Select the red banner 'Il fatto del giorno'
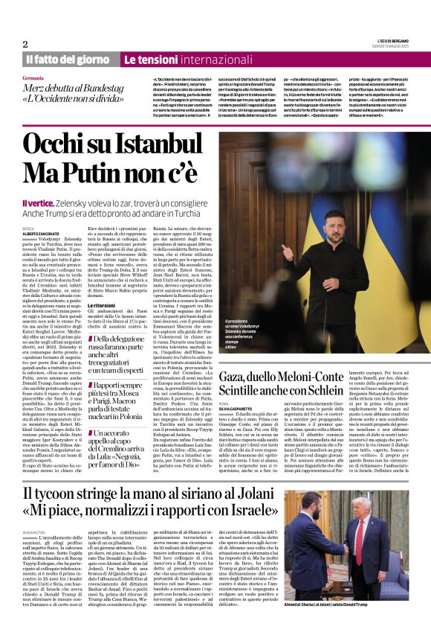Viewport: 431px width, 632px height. point(69,59)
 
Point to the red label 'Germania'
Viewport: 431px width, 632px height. point(33,78)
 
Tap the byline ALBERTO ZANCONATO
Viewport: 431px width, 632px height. point(41,233)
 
